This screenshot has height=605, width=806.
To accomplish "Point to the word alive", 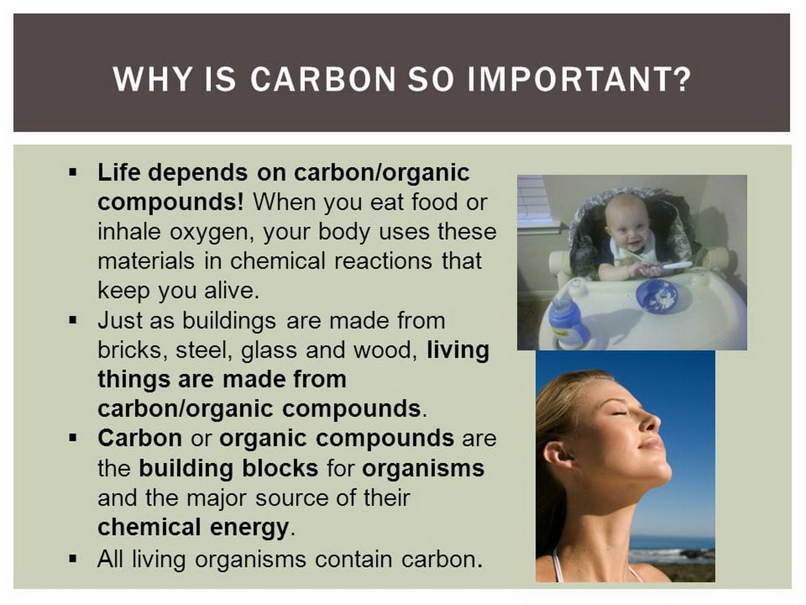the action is tap(232, 290).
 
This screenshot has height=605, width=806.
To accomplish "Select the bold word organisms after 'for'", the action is tap(423, 469).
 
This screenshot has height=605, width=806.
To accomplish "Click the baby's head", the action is tap(627, 224).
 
